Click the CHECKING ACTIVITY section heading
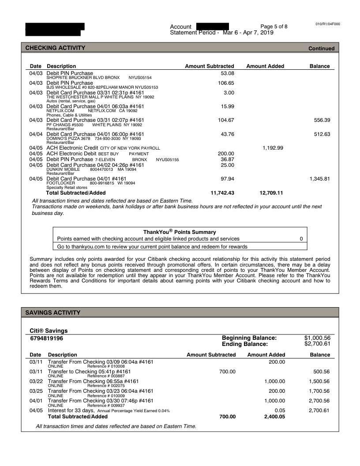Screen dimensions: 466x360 pos(55,48)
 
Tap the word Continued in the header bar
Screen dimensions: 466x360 pos(321,49)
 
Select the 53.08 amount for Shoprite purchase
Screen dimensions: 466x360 pos(227,73)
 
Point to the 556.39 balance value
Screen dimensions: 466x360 pos(320,120)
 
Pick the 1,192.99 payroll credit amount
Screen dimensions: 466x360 pos(273,148)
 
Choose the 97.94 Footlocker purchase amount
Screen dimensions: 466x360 pos(227,179)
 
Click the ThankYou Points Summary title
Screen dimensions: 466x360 pos(180,232)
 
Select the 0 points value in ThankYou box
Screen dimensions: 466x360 pos(301,239)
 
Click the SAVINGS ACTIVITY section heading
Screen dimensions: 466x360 pos(53,312)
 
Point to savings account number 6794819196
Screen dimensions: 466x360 pos(47,338)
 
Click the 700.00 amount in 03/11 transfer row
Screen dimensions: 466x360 pos(227,372)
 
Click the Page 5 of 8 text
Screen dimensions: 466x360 pos(274,26)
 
